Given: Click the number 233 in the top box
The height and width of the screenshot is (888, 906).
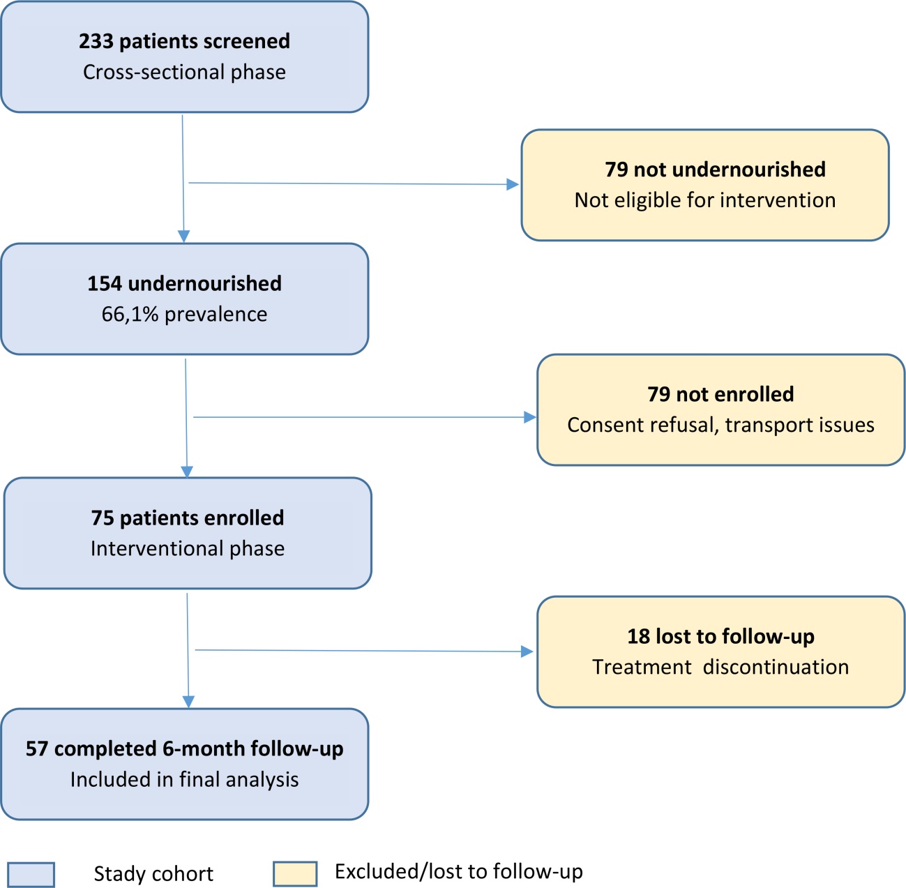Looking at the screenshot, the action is pos(96,41).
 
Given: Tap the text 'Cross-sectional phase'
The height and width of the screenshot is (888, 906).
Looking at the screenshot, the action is pos(184,72).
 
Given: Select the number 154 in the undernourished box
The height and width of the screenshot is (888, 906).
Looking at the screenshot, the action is pos(105,284).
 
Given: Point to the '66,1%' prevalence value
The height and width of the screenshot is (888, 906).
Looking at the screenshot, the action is pos(130,315).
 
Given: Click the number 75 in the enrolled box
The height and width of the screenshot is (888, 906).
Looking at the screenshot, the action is pos(103,518).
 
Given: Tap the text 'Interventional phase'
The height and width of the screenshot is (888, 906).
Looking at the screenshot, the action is pos(188,548).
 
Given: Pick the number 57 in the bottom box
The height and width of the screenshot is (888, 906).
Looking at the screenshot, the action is pos(37,748).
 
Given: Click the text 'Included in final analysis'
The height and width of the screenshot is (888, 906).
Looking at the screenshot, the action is pos(184,779).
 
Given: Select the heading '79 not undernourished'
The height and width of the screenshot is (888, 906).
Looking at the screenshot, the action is pos(715,170).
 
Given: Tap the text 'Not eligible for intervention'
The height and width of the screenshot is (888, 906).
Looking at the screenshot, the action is pos(705,200).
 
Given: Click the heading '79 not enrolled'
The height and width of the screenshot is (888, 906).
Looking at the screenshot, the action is pos(720,394).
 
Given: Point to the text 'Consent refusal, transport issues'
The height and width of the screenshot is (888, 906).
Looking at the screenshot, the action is pos(720,425).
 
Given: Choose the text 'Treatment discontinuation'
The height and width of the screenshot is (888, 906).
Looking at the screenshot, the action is pos(720,667).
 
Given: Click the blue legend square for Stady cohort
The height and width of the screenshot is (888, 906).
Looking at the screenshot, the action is pos(31,875).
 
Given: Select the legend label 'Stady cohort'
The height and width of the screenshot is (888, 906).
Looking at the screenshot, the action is pos(153,874).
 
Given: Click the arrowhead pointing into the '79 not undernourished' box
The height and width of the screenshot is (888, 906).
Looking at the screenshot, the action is pos(513,184).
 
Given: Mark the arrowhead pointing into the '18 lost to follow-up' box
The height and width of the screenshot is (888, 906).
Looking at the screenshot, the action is pos(527,652).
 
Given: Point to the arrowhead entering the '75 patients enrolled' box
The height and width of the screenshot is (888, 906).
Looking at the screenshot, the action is pos(187,472).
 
